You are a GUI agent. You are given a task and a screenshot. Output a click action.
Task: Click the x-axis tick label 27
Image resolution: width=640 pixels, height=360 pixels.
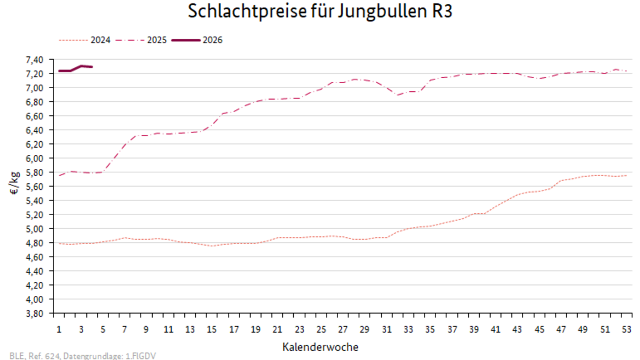(x=342, y=329)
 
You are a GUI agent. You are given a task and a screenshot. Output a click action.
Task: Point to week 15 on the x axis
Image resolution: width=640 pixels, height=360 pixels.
(x=212, y=329)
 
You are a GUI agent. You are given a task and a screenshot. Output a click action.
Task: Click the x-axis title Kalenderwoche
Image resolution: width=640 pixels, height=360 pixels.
(x=321, y=347)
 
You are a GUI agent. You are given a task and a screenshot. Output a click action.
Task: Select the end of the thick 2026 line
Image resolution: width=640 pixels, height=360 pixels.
(x=92, y=67)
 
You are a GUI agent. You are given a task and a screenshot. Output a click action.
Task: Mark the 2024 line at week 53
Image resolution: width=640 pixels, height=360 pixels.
(x=626, y=175)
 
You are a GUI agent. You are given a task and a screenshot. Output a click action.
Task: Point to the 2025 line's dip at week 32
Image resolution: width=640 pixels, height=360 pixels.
(x=398, y=95)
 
